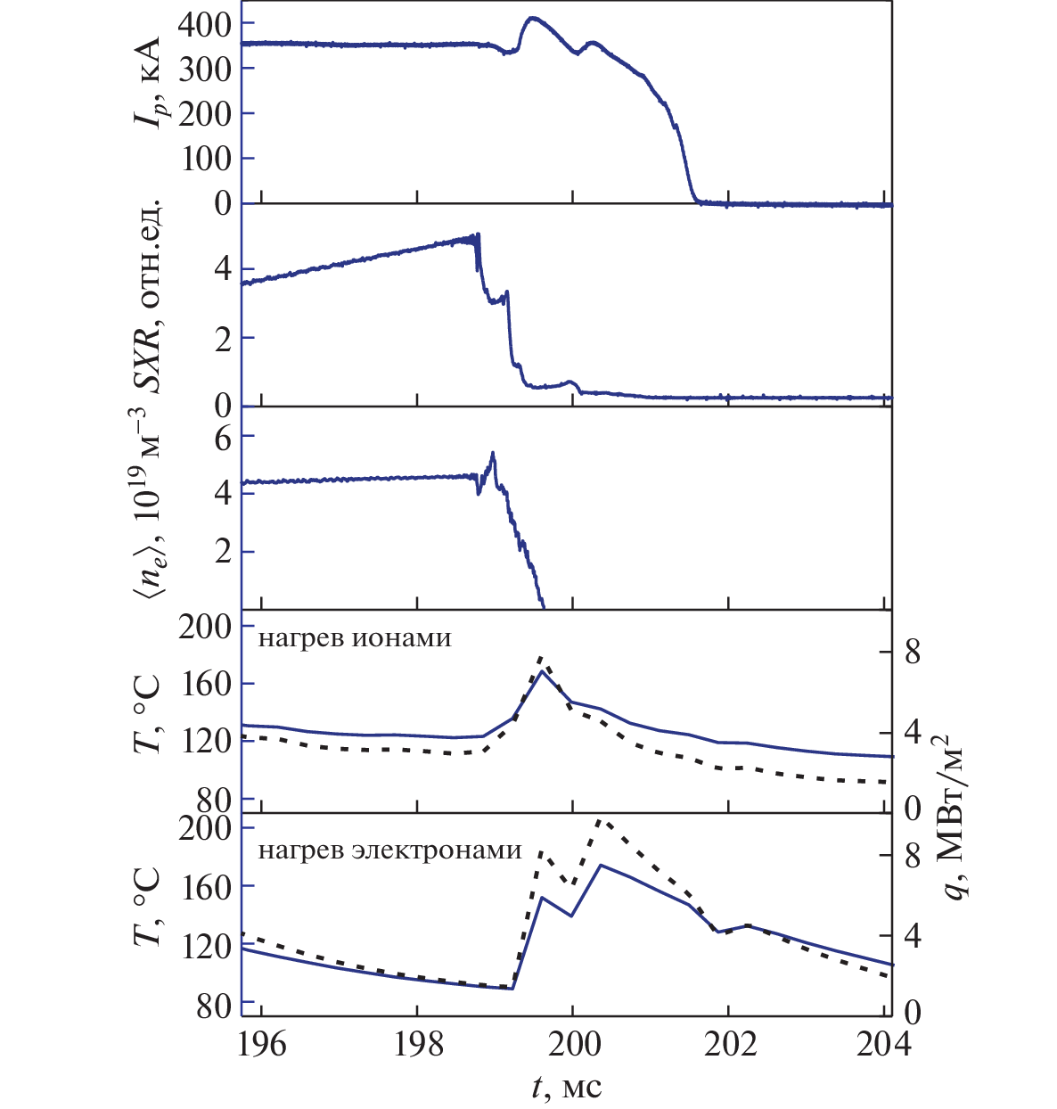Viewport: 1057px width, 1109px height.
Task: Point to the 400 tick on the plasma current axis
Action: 205,24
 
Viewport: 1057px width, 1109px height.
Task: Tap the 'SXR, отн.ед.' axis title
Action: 146,295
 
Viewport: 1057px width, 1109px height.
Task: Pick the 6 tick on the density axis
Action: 219,435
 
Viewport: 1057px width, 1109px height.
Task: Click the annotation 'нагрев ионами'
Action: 355,638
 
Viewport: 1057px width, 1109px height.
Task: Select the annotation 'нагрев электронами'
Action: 390,850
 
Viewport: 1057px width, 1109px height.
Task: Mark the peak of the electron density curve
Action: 493,453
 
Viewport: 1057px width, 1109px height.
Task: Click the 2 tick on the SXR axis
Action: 219,338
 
